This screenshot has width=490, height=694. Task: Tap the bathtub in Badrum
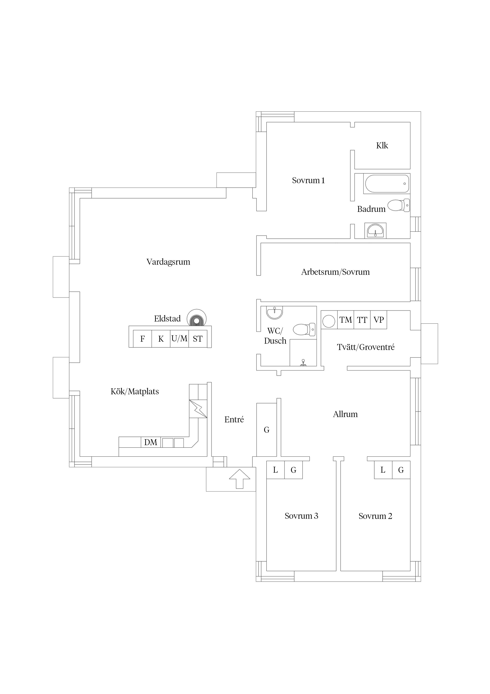(387, 184)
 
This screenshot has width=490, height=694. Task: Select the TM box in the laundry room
(345, 320)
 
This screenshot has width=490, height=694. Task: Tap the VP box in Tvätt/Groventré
(379, 320)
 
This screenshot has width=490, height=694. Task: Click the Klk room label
(382, 145)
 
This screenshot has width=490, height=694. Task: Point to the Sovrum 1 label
(308, 180)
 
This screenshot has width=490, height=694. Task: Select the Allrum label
(345, 414)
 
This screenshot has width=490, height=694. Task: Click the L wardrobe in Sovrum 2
(383, 470)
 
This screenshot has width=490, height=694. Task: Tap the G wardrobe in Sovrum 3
(293, 470)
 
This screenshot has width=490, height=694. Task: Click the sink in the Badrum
(375, 231)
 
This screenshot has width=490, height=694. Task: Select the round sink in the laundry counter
(329, 321)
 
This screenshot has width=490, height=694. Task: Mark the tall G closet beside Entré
(267, 430)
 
